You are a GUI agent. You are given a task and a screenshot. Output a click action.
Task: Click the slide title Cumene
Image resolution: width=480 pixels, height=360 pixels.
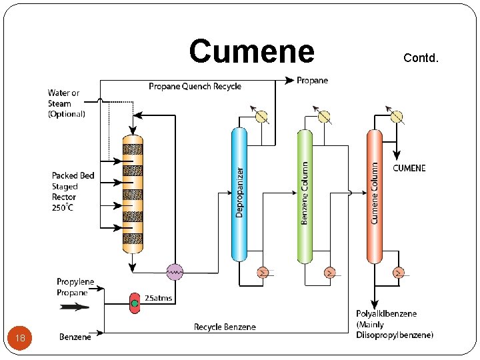(251, 51)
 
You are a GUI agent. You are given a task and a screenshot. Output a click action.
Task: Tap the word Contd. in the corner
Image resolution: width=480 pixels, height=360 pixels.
(421, 58)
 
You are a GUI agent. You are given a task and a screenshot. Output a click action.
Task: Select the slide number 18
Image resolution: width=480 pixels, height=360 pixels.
(21, 338)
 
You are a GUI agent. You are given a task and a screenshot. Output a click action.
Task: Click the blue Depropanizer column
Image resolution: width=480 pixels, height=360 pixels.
(239, 193)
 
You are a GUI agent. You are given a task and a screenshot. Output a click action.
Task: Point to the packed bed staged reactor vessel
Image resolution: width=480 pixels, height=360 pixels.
(133, 193)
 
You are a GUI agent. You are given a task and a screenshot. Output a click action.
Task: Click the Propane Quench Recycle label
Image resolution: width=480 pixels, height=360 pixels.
(195, 86)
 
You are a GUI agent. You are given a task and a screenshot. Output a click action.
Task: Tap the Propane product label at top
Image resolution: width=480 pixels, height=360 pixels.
(312, 81)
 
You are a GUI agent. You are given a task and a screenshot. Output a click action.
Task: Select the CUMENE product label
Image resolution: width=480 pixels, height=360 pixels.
(409, 168)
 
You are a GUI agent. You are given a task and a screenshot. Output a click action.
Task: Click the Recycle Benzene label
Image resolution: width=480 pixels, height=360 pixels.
(225, 327)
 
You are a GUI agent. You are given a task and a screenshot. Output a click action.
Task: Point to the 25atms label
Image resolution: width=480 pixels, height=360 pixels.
(159, 298)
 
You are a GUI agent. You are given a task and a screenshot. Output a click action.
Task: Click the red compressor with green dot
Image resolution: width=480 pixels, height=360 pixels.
(135, 303)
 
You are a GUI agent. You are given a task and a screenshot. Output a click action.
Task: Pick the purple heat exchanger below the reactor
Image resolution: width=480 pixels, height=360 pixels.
(175, 271)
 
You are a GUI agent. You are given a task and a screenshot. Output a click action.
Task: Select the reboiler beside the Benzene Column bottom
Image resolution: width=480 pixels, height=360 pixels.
(329, 272)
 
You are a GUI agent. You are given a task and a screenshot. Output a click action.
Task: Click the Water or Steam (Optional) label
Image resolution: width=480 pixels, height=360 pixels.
(66, 103)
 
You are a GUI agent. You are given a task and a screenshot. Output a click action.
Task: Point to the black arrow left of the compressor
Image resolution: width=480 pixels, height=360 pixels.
(74, 307)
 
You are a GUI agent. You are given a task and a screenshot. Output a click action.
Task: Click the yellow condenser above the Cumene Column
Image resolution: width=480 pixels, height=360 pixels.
(397, 117)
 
